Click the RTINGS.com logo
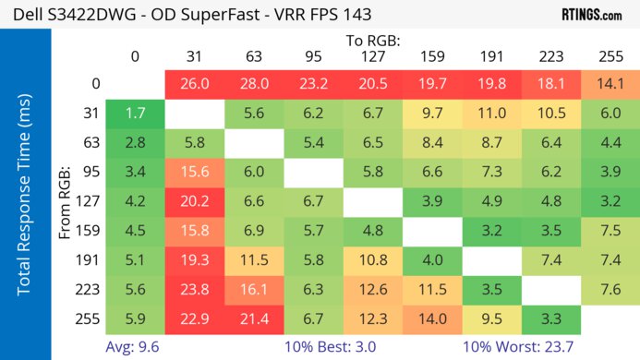pos(591,15)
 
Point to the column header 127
pos(371,56)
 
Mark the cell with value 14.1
pos(609,83)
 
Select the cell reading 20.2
pos(194,200)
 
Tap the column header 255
pos(609,56)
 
